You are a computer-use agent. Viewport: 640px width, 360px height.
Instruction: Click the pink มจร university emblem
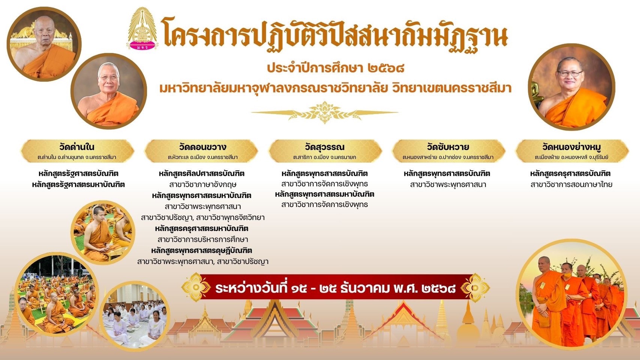[x=142, y=28]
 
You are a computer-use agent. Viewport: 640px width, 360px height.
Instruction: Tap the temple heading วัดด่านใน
[x=77, y=147]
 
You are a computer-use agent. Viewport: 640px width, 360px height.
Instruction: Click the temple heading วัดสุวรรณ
[x=325, y=147]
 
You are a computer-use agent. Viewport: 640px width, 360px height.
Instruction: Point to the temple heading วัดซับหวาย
[x=448, y=147]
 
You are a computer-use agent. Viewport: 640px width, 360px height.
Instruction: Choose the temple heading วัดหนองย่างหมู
[x=572, y=147]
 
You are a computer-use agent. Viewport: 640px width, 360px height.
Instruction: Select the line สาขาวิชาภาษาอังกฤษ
[x=203, y=184]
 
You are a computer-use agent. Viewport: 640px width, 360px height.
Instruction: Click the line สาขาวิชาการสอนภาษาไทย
[x=571, y=184]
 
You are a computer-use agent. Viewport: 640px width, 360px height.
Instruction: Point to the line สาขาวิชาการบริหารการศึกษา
[x=203, y=239]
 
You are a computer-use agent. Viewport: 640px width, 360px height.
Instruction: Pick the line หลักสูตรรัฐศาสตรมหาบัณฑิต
[x=78, y=184]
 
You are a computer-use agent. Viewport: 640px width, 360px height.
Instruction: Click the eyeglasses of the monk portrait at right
[x=570, y=73]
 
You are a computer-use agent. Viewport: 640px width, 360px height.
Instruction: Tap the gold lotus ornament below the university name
[x=325, y=112]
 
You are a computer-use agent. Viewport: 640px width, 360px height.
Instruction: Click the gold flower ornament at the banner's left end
[x=196, y=287]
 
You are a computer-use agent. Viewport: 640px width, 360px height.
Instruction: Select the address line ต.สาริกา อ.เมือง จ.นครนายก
[x=325, y=157]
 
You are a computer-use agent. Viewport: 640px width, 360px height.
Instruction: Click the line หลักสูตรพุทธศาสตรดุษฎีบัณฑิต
[x=202, y=250]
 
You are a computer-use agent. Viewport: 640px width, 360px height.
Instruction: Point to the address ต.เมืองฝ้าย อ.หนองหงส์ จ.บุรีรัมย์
[x=572, y=157]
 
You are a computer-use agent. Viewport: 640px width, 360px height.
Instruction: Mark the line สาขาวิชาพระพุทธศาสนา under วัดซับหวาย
[x=448, y=184]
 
